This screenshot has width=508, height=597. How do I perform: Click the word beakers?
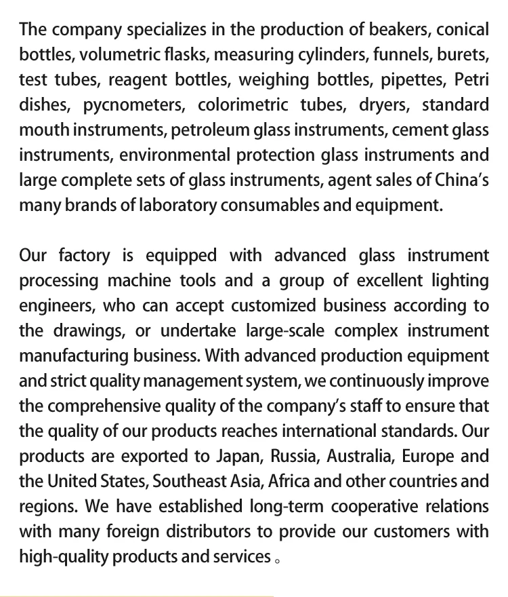coord(398,31)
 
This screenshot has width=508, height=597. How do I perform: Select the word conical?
coord(463,31)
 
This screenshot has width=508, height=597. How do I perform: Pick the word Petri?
coord(471,81)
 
